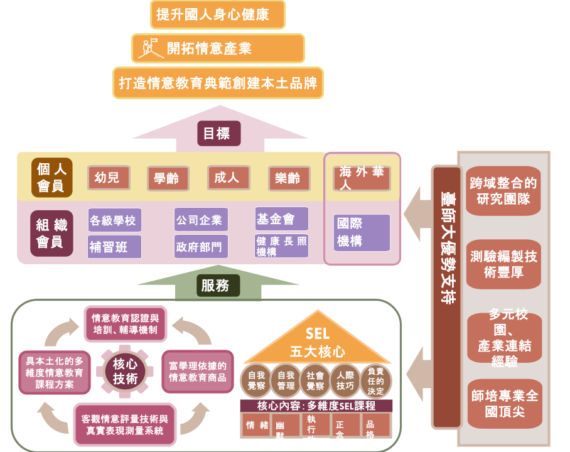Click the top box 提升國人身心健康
pos(218,14)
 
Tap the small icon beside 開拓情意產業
pos(151,48)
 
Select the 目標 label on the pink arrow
pos(216,133)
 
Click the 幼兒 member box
pos(107,178)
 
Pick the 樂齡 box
pos(288,178)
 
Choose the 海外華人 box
pos(362,179)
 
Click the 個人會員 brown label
pos(52,178)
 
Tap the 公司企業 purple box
pos(200,220)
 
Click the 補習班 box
pos(114,247)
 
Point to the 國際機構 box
pos(362,232)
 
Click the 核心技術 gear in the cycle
pos(126,370)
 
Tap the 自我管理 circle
pos(286,380)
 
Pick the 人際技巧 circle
pos(346,380)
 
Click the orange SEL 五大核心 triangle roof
pos(317,343)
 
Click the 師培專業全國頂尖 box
pos(504,404)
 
